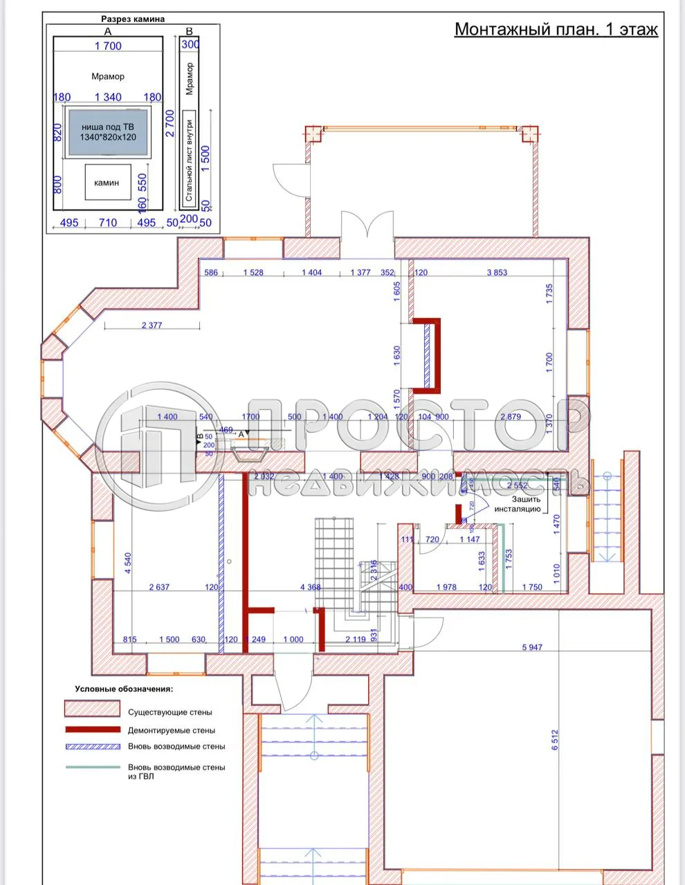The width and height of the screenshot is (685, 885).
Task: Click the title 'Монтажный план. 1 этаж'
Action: tap(556, 30)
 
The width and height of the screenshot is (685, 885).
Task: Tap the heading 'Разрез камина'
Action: tap(133, 19)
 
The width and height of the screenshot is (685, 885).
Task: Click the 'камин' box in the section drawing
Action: tap(107, 183)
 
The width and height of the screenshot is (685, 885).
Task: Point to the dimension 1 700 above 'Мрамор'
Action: tap(108, 46)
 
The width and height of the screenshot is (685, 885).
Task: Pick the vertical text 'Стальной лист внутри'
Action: tap(189, 159)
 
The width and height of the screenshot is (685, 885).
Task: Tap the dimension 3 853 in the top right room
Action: tap(496, 272)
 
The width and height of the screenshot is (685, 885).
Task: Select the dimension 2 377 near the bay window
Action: tap(151, 325)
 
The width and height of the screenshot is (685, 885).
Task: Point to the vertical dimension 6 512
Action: tap(554, 740)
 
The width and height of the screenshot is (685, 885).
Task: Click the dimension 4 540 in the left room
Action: tap(128, 563)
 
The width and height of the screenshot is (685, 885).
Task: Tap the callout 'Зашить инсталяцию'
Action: tap(521, 504)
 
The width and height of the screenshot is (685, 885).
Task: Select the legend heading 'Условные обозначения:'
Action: tap(125, 689)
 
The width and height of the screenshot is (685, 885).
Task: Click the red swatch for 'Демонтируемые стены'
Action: tap(93, 730)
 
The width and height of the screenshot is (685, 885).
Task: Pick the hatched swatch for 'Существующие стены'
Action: tap(93, 709)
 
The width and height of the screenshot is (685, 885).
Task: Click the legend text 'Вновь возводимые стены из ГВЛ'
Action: tap(176, 772)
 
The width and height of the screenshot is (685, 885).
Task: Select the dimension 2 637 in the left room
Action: tap(159, 588)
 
